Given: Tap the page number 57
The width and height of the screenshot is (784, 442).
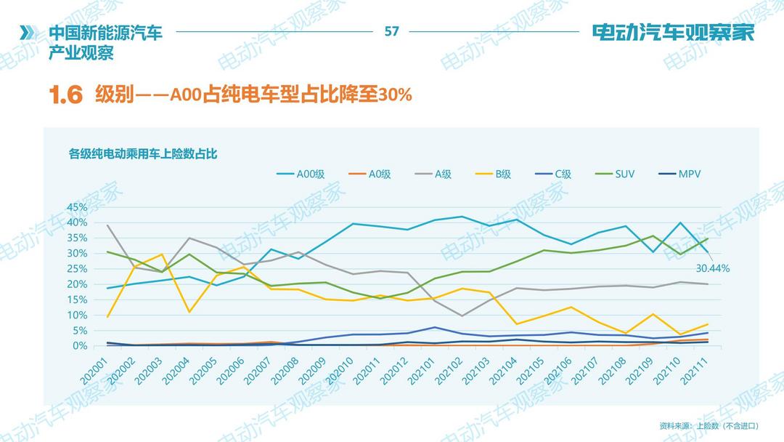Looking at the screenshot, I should click(391, 32).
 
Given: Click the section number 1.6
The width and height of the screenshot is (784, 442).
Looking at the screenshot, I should click(66, 95).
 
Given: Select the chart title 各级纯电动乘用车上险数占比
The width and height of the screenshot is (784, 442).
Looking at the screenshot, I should click(143, 153).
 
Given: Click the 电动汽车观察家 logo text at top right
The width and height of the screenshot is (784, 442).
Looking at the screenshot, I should click(673, 33).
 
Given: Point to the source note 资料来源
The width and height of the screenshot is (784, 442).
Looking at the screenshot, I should click(709, 425).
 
